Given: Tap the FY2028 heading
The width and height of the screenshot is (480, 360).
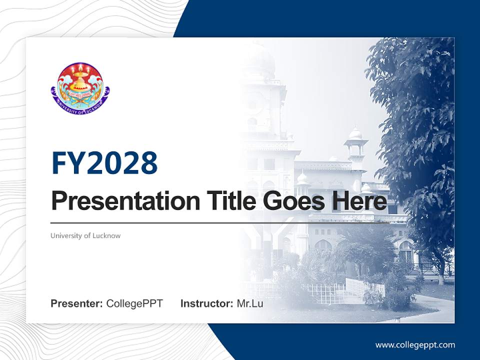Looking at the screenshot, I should (x=104, y=163).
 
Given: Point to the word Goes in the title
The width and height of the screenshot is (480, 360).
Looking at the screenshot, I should (x=289, y=201).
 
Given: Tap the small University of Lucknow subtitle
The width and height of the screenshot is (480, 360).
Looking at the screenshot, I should (x=85, y=235).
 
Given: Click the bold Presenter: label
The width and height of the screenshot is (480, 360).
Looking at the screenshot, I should (x=77, y=303).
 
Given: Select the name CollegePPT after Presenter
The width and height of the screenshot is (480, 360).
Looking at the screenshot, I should (x=134, y=303).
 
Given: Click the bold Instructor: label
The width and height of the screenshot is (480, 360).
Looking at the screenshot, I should (x=206, y=303).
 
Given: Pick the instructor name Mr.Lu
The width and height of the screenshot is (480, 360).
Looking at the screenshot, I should (x=249, y=303).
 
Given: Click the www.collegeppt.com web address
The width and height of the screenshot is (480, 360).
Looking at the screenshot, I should (x=415, y=345).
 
